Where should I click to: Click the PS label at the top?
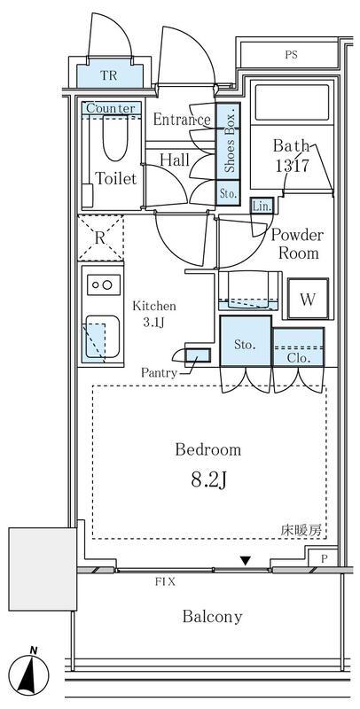[x=292, y=56]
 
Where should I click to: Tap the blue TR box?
[x=110, y=75]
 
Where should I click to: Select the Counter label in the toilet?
[x=111, y=108]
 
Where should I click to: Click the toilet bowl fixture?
[x=115, y=138]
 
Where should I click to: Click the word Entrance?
[x=182, y=120]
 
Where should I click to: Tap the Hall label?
[x=175, y=160]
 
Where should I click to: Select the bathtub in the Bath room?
[x=292, y=102]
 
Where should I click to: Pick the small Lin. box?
[x=262, y=206]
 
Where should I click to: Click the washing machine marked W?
[x=308, y=299]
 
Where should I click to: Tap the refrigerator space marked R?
[x=100, y=238]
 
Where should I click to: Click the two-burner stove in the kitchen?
[x=105, y=284]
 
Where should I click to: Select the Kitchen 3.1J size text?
[x=153, y=315]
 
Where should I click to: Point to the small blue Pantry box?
[x=198, y=355]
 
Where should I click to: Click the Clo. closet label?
[x=299, y=359]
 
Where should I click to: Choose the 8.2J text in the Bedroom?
[x=208, y=480]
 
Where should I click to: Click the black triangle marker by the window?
[x=245, y=561]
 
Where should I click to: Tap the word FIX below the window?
[x=165, y=582]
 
